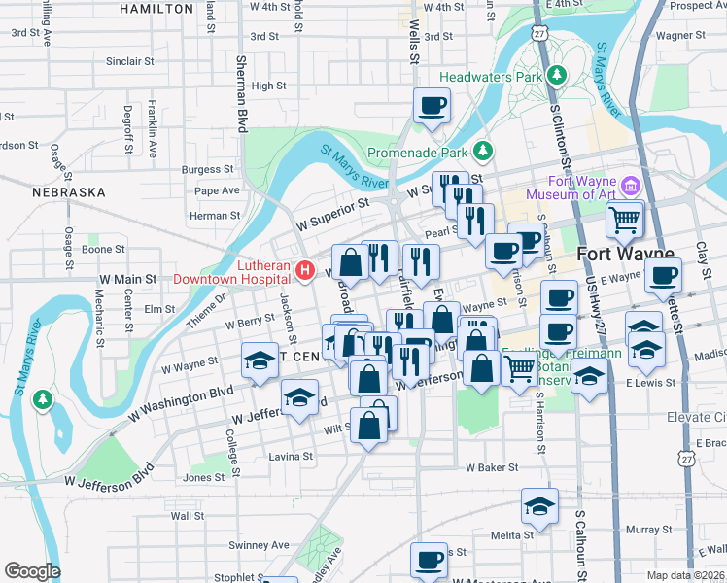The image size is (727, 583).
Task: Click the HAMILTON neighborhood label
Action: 156,9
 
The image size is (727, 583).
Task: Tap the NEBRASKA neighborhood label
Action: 68,192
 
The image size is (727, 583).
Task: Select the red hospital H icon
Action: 305,270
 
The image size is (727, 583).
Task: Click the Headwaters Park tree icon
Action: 557,75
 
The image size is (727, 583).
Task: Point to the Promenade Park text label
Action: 418,153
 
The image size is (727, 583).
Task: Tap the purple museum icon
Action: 631,186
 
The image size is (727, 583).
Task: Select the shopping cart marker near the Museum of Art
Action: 625,219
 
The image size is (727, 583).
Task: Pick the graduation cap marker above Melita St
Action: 539,505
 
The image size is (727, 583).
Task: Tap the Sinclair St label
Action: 129,61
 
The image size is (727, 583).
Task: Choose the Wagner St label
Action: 678,35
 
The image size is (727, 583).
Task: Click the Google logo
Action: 32,571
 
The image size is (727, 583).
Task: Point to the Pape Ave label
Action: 216,190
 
